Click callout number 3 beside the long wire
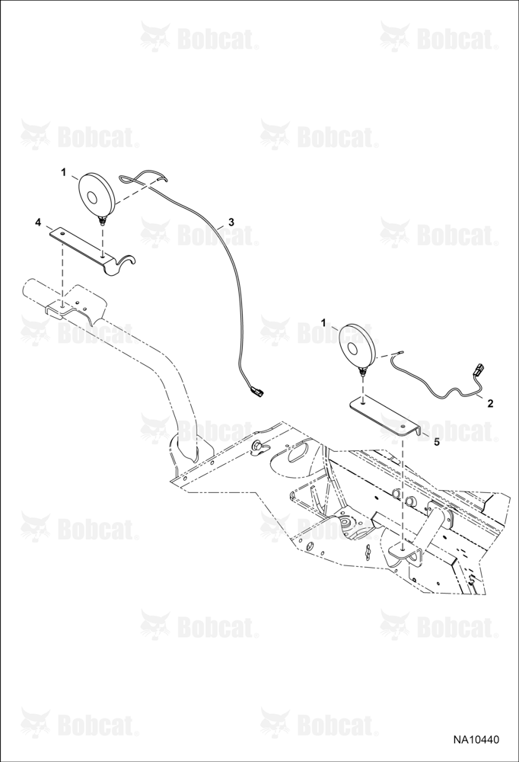coord(231,222)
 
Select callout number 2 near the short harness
coord(490,403)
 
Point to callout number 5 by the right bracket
coord(436,442)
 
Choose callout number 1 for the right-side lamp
coord(323,322)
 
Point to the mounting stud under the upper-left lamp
coord(103,222)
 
